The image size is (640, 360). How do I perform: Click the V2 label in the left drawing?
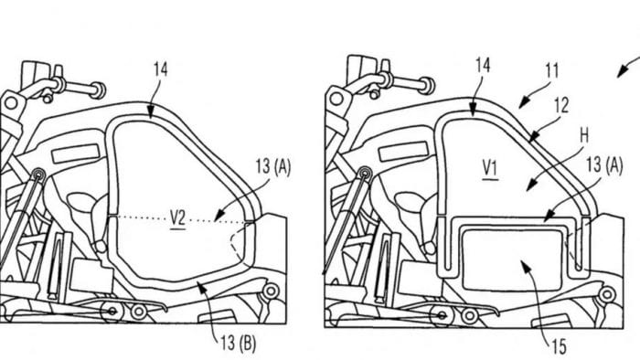(x=177, y=219)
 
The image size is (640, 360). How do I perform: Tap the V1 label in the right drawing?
(x=490, y=169)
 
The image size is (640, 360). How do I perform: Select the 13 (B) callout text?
(x=239, y=344)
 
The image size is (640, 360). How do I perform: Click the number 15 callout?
(x=560, y=347)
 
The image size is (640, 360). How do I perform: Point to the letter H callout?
(x=583, y=136)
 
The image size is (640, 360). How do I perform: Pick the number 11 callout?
(x=552, y=71)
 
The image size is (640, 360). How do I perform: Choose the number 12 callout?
(x=561, y=106)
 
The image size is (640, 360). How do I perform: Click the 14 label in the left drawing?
(x=160, y=69)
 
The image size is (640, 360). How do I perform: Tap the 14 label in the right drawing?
(x=483, y=65)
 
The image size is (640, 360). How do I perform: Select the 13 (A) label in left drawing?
(x=273, y=167)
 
